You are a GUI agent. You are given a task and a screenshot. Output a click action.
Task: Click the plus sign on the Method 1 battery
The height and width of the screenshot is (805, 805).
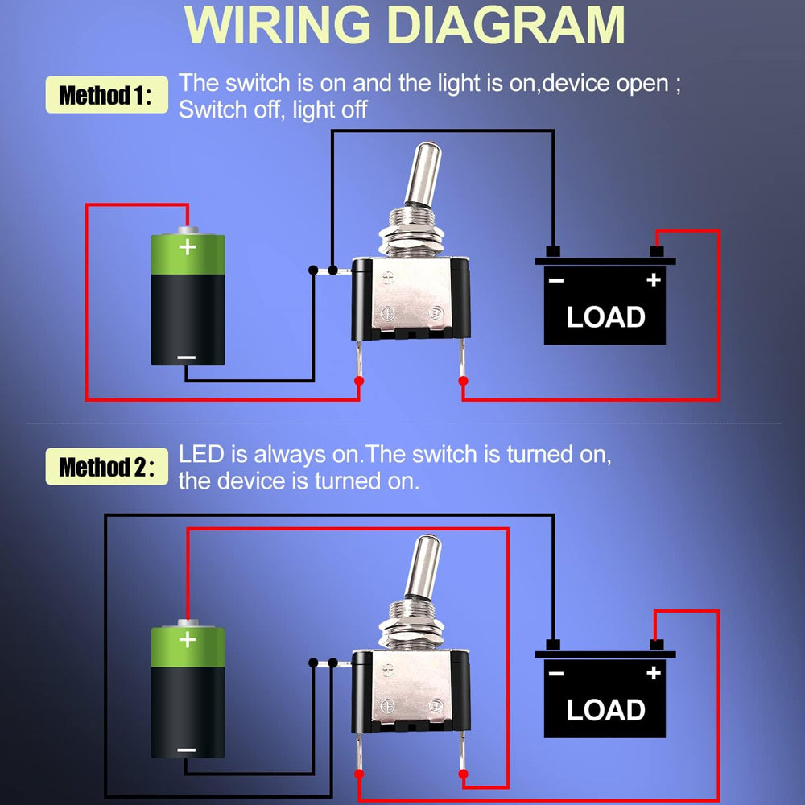pyautogui.click(x=188, y=246)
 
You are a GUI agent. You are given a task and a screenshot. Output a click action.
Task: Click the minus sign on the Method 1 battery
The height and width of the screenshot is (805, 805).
pyautogui.click(x=186, y=357)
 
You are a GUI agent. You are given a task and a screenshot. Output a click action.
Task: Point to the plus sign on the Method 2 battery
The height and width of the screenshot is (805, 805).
pyautogui.click(x=188, y=640)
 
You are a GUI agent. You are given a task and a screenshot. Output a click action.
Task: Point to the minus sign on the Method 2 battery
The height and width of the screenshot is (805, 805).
pyautogui.click(x=186, y=749)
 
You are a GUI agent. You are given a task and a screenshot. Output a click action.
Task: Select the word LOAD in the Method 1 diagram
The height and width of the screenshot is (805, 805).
pyautogui.click(x=605, y=317)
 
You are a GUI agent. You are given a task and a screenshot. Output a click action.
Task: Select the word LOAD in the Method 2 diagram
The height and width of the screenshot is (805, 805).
pyautogui.click(x=605, y=710)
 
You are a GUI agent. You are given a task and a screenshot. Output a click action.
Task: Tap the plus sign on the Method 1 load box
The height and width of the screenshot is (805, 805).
pyautogui.click(x=653, y=280)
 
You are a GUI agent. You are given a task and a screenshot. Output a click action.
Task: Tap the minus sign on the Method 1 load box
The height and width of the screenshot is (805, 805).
pyautogui.click(x=555, y=280)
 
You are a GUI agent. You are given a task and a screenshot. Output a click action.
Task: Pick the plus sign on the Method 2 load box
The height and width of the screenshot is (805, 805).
pyautogui.click(x=653, y=673)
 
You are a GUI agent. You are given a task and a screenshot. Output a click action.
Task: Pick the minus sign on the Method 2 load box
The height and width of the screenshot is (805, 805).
pyautogui.click(x=555, y=673)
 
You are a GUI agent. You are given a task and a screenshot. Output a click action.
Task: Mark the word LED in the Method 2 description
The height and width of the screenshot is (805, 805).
pyautogui.click(x=201, y=454)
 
